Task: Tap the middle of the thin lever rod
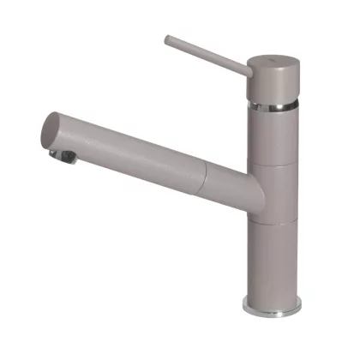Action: tap(206, 54)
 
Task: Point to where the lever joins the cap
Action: tap(247, 69)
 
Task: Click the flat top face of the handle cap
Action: tap(270, 59)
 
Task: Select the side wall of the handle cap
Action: tap(270, 84)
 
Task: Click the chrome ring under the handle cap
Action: tap(270, 105)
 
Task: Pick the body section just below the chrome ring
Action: tap(270, 133)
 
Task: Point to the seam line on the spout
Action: tap(203, 181)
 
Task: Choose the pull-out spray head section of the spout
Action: tap(129, 159)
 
